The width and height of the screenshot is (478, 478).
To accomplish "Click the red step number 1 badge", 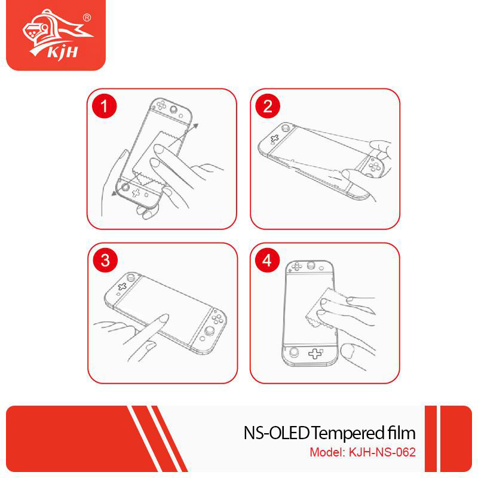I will point(105,106).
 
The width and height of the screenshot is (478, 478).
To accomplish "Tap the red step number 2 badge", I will point(268,106).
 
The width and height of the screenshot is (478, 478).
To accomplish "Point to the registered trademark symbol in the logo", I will point(87,19).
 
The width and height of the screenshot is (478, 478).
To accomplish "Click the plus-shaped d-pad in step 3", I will point(122,287).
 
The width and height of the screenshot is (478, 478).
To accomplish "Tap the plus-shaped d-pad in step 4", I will point(315,354).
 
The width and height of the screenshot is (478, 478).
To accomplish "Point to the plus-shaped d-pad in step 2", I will point(275,139).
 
